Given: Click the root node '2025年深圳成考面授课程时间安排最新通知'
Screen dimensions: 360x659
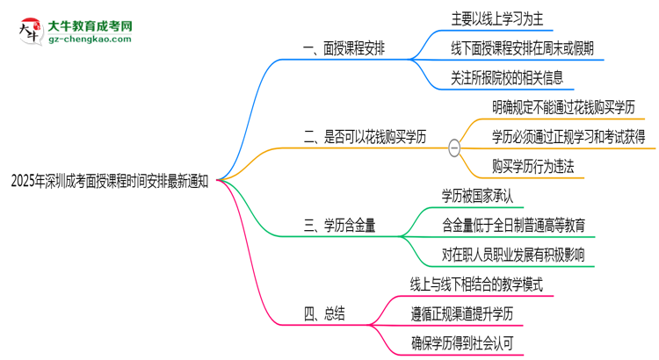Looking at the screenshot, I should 109,180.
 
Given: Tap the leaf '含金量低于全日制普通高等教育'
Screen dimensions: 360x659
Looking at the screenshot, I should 514,224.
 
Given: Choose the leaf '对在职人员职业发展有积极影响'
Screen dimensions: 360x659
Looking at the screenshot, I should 514,254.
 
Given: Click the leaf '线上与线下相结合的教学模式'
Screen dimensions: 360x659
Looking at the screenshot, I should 478,284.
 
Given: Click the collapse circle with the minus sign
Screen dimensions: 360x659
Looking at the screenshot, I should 454,148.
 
